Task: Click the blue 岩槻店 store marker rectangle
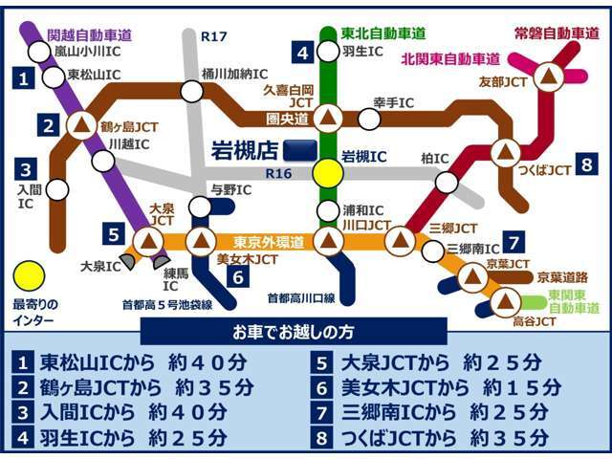pyautogui.click(x=302, y=150)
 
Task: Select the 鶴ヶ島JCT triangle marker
pyautogui.click(x=81, y=123)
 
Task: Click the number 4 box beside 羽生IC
pyautogui.click(x=303, y=52)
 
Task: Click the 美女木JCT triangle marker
pyautogui.click(x=201, y=240)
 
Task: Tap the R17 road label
pyautogui.click(x=214, y=36)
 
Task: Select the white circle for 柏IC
pyautogui.click(x=447, y=183)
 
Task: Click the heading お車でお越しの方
pyautogui.click(x=306, y=332)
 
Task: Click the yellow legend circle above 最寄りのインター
pyautogui.click(x=30, y=276)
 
